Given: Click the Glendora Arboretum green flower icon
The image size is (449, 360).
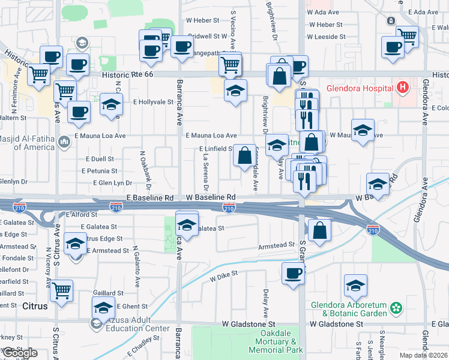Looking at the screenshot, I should coord(396,308).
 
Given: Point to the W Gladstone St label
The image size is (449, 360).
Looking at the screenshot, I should coord(336,323).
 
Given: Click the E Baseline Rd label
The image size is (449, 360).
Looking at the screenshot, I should coord(150,197).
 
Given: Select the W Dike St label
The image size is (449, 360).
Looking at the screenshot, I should coord(224,276).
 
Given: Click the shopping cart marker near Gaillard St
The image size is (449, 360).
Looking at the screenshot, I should coord(62,291).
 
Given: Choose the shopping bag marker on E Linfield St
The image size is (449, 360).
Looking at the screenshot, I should coord(244,156).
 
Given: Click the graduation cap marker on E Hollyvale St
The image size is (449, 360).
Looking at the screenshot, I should coord(111,104).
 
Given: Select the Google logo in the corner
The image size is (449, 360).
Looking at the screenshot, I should coord(20,353).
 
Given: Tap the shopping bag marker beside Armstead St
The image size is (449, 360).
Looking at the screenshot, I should coord(320,229).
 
